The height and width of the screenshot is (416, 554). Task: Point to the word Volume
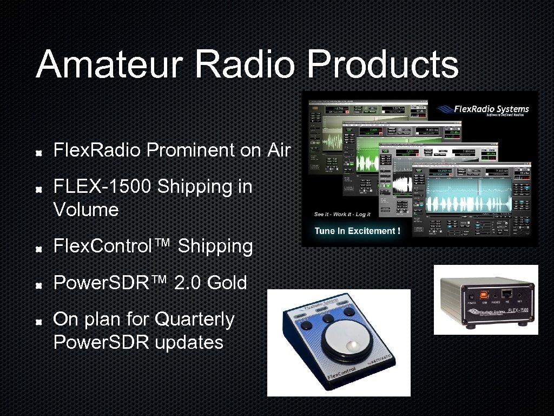tap(85, 210)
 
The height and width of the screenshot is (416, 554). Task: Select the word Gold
tap(227, 282)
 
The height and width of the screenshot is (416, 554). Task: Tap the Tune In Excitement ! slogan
tap(357, 231)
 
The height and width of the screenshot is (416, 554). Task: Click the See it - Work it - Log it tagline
tap(342, 214)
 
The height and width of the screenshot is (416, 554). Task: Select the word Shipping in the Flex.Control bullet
tap(215, 246)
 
